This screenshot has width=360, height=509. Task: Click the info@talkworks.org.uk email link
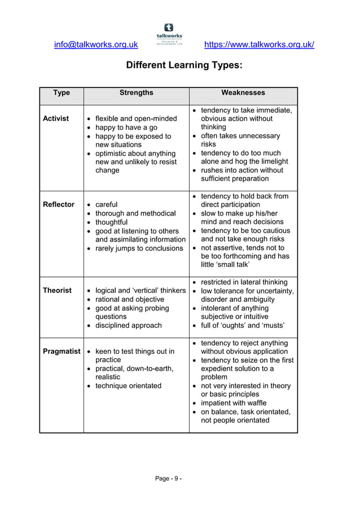pyautogui.click(x=96, y=45)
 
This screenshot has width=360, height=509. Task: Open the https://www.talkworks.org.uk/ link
pyautogui.click(x=259, y=45)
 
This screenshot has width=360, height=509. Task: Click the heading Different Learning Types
pyautogui.click(x=184, y=65)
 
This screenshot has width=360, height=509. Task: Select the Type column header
pyautogui.click(x=62, y=93)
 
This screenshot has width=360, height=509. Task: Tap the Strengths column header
pyautogui.click(x=136, y=93)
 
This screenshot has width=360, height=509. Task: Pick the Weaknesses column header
pyautogui.click(x=243, y=93)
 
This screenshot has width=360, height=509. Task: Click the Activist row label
pyautogui.click(x=56, y=119)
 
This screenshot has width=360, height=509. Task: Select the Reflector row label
pyautogui.click(x=59, y=204)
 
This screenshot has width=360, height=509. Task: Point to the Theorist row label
pyautogui.click(x=58, y=290)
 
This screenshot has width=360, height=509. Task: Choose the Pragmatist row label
pyautogui.click(x=62, y=351)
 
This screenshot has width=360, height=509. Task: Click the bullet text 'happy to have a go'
pyautogui.click(x=128, y=128)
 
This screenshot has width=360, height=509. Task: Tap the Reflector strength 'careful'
pyautogui.click(x=107, y=204)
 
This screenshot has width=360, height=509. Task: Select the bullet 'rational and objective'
pyautogui.click(x=130, y=299)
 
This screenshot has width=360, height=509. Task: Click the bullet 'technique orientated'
pyautogui.click(x=128, y=385)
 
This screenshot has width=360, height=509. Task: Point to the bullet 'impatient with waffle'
pyautogui.click(x=234, y=403)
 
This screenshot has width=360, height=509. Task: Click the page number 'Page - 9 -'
pyautogui.click(x=169, y=479)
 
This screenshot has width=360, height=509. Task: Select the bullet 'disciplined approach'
pyautogui.click(x=129, y=325)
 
